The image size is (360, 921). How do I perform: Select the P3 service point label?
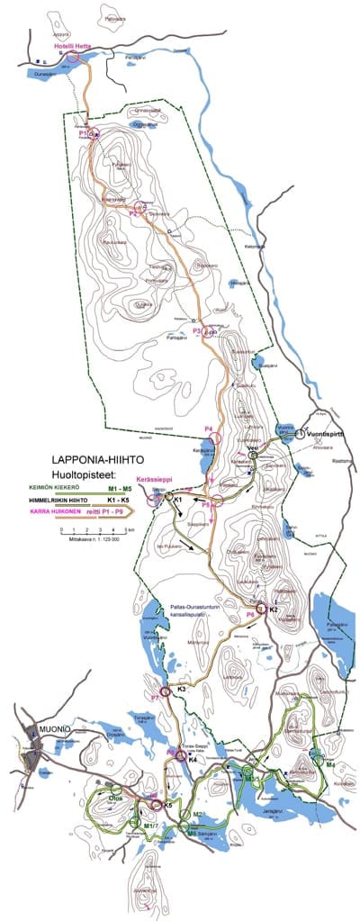197,331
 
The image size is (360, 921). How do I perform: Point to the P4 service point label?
209,428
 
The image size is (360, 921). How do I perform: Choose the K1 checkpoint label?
178,498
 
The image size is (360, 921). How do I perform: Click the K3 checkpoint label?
181,689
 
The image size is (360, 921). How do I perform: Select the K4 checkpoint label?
192,759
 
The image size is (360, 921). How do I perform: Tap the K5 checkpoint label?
167,804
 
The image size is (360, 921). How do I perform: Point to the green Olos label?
115,796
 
